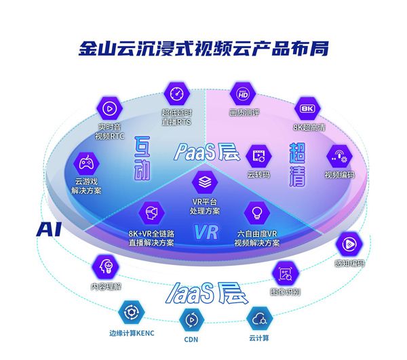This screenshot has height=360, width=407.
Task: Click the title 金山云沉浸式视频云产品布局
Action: [x=203, y=49]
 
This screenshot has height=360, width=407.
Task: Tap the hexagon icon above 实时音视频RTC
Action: [x=109, y=107]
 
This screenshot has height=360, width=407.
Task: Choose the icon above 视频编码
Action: [x=339, y=155]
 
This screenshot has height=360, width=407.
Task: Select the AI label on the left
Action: [x=49, y=228]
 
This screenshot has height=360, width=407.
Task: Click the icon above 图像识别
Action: [x=284, y=274]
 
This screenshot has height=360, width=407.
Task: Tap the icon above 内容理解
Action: [x=105, y=265]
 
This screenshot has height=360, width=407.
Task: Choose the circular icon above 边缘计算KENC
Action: [x=128, y=313]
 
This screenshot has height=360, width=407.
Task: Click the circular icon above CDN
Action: [x=191, y=319]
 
